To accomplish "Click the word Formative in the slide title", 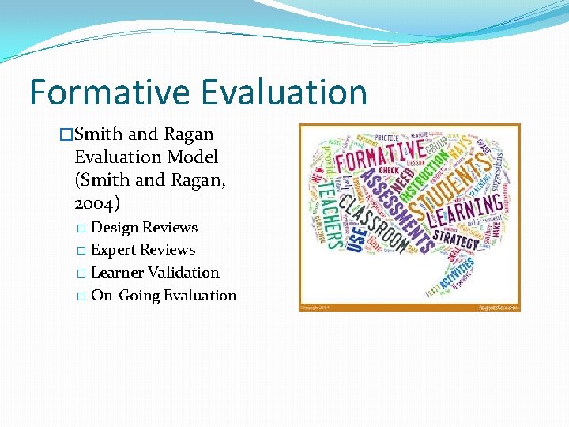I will pos(108,92).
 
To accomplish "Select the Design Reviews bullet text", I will pos(145,228).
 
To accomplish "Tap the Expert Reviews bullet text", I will pos(143,250).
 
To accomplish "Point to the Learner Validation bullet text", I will pos(155,273).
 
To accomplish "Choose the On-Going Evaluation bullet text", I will pos(164,296).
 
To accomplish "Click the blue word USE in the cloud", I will pos(355,236).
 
